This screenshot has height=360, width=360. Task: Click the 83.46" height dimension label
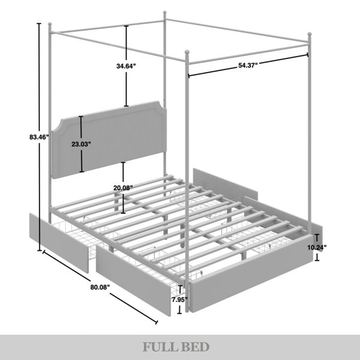pos(39,137)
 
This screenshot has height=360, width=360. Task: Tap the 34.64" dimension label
pos(126,66)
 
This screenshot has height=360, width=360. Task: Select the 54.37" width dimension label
pos(248,65)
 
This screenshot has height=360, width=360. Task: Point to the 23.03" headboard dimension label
pos(81,144)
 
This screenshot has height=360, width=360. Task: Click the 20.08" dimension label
pos(123,188)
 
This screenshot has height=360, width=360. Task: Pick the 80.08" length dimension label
pos(100,287)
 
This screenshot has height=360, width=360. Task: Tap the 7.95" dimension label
pos(180,299)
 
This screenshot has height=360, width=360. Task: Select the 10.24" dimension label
pos(317,247)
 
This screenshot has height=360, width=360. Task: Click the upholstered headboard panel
pos(109,140)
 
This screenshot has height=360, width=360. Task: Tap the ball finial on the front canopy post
pos(187,52)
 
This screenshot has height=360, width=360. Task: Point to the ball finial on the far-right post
pos(310,34)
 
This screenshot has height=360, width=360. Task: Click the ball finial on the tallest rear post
pos(164,12)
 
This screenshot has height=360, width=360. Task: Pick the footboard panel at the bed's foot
pos(251,273)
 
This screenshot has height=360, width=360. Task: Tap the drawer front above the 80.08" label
pos(134,281)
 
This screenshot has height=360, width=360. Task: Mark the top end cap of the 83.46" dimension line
pos(39,23)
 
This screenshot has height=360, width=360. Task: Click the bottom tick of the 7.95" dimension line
pos(180,313)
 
